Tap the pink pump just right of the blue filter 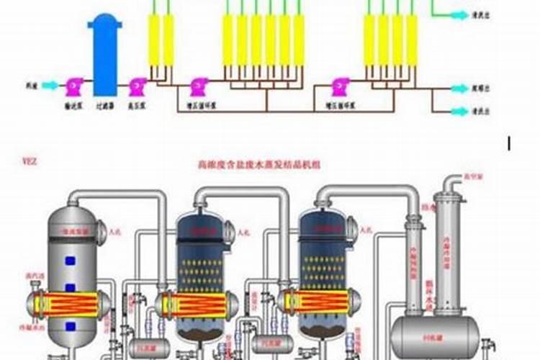coord(138,86)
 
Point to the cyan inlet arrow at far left coord(50,86)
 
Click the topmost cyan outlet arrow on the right coord(459,14)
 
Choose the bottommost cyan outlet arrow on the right coord(459,112)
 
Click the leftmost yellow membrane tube coord(153,40)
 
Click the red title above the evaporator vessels coord(258,165)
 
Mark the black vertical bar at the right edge coord(509,143)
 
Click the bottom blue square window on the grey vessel coord(71,326)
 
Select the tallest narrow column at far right coord(451,245)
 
